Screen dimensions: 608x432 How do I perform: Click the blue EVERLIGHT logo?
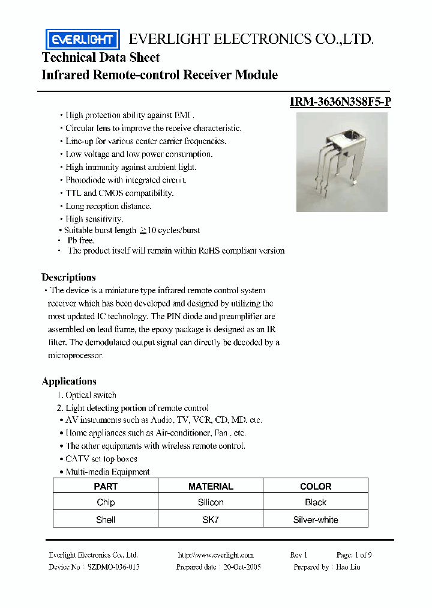click(82, 39)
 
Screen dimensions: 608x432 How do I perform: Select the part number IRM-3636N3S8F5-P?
click(340, 102)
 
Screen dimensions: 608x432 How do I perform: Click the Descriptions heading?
click(68, 278)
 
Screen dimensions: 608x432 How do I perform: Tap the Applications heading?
click(69, 382)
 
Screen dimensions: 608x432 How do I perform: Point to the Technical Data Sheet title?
click(101, 58)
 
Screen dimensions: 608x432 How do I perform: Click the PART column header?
click(106, 486)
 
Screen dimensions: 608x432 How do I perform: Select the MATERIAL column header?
click(211, 486)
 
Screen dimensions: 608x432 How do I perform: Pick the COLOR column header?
click(316, 486)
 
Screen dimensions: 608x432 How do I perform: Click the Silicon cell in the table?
click(211, 502)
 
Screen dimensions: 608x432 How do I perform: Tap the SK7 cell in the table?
click(211, 519)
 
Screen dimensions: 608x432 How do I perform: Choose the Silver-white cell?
click(316, 519)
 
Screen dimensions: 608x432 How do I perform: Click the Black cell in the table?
click(316, 502)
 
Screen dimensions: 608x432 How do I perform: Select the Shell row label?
click(106, 519)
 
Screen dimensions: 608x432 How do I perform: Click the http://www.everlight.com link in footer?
click(216, 555)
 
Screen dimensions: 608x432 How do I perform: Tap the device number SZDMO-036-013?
click(113, 567)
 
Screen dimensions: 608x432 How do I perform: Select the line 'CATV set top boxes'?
click(101, 459)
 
